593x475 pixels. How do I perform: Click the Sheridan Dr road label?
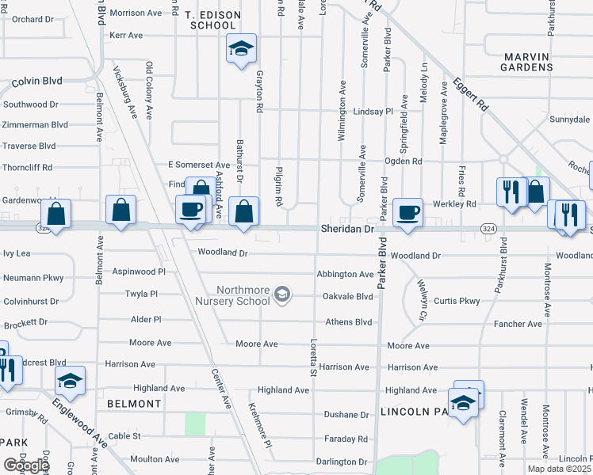tap(346, 228)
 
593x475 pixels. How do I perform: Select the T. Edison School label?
tap(211, 20)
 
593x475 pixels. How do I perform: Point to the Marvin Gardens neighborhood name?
tap(526, 62)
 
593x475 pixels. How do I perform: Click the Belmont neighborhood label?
tap(134, 404)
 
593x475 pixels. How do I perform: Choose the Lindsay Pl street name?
tap(373, 112)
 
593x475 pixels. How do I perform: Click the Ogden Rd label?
tap(403, 161)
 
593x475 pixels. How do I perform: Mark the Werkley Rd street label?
tap(455, 204)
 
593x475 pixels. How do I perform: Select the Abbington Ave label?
tap(345, 274)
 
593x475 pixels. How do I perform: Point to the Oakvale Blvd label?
tap(347, 297)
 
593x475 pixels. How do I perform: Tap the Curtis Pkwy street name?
tap(457, 301)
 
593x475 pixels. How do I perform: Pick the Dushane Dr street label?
tap(347, 414)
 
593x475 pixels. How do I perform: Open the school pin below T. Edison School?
tap(239, 51)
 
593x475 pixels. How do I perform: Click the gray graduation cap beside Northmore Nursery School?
tap(281, 296)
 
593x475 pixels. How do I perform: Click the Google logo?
tap(26, 465)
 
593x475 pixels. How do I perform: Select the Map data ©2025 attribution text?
tap(559, 469)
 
